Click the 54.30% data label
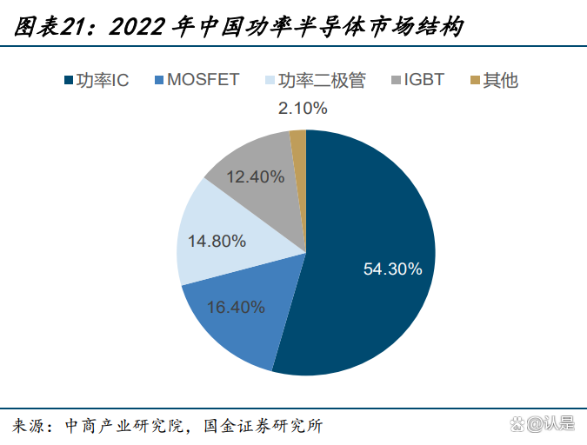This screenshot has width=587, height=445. coord(392,269)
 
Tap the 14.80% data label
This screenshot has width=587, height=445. coord(217,242)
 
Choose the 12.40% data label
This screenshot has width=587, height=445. coord(255,176)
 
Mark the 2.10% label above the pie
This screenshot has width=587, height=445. coord(303,109)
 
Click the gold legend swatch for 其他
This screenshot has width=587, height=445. coord(475,81)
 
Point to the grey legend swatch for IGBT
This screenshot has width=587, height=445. coord(397,81)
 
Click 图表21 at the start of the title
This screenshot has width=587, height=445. coord(53,28)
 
